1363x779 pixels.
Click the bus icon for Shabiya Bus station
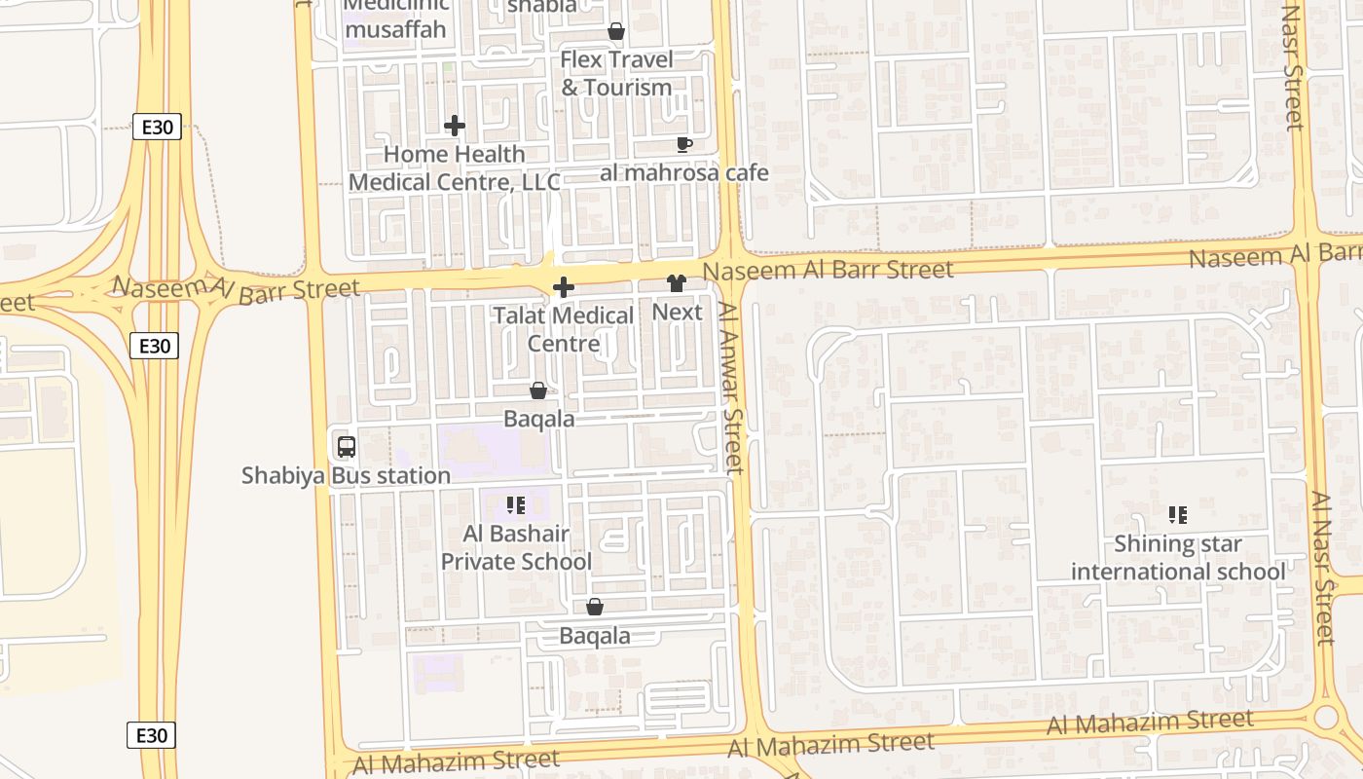[346, 447]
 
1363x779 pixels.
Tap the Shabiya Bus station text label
[346, 476]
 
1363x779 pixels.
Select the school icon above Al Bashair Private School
[516, 505]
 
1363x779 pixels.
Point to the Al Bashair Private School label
[516, 547]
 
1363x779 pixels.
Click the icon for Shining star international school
[1178, 514]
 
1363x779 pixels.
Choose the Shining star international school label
[1178, 557]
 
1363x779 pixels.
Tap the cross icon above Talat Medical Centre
[563, 287]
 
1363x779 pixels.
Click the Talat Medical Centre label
[563, 329]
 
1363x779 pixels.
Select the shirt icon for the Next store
[677, 283]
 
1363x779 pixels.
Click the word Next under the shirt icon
[677, 312]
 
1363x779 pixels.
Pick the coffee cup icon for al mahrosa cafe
[684, 145]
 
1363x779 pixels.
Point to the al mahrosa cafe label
[684, 173]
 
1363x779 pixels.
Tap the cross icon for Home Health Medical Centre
[455, 126]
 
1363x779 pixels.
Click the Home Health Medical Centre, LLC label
[455, 167]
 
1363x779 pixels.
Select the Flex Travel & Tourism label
[616, 73]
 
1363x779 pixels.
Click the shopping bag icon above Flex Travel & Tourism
[616, 32]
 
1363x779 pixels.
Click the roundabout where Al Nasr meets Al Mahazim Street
[1325, 719]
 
